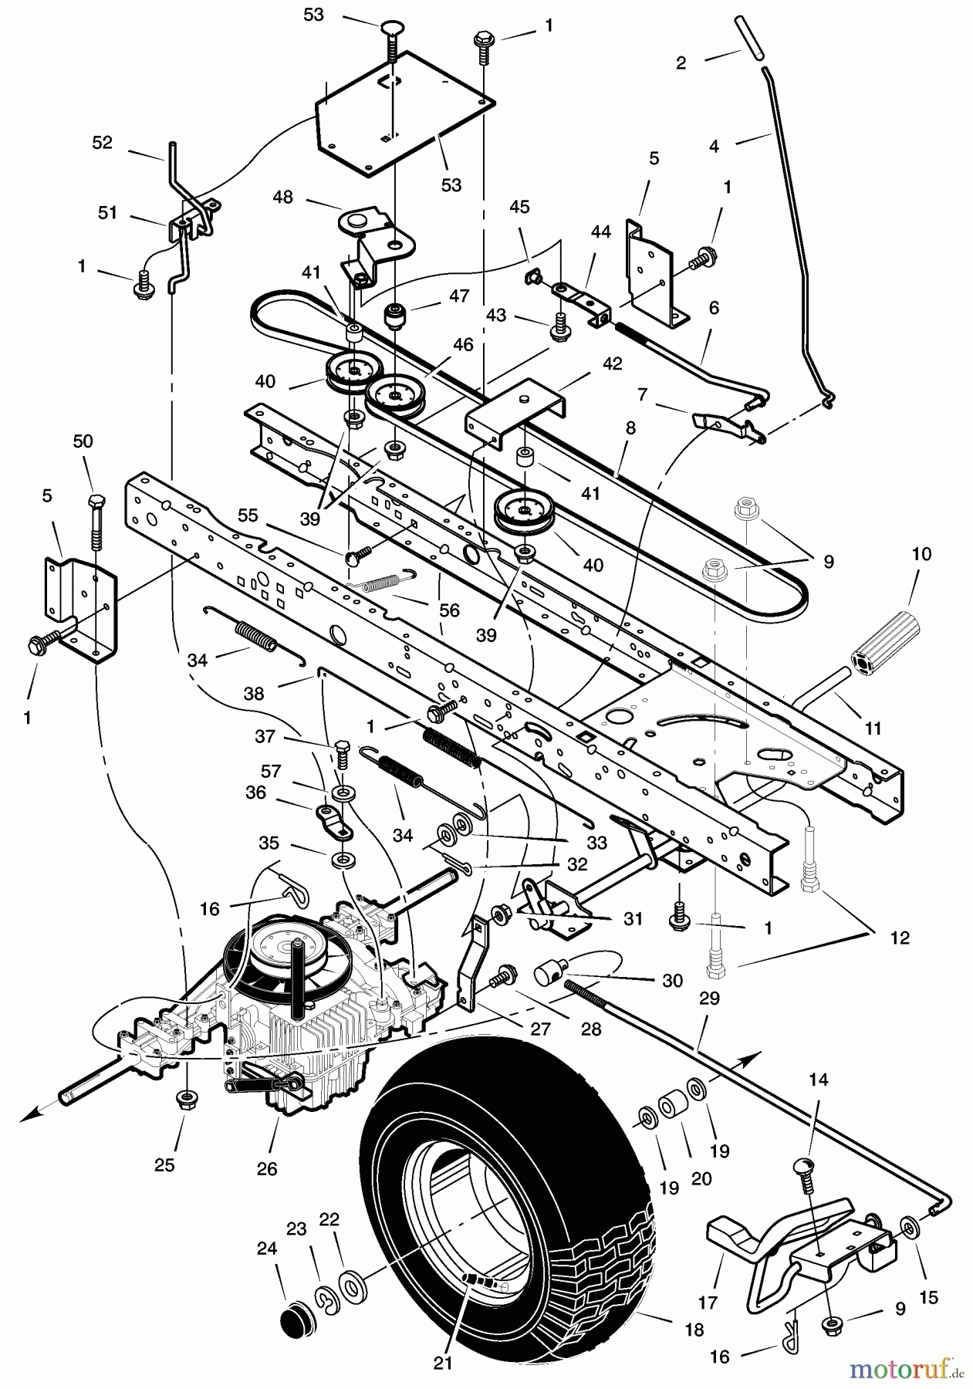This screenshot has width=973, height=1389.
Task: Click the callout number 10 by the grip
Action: click(x=921, y=553)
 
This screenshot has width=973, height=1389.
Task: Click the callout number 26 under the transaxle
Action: click(x=267, y=1168)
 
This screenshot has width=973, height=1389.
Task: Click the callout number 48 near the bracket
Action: click(x=283, y=197)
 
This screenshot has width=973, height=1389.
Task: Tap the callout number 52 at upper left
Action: click(x=102, y=143)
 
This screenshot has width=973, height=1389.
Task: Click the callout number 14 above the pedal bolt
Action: click(x=818, y=1080)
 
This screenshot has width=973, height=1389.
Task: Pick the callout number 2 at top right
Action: click(x=680, y=63)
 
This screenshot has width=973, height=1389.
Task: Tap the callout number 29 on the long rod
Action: click(x=708, y=998)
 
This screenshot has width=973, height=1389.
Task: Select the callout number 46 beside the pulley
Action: click(x=463, y=345)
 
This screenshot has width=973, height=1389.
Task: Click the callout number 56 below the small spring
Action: click(x=448, y=610)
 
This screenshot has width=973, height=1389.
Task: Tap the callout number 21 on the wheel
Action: click(x=442, y=1364)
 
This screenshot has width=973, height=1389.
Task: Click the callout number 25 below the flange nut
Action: click(x=165, y=1164)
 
